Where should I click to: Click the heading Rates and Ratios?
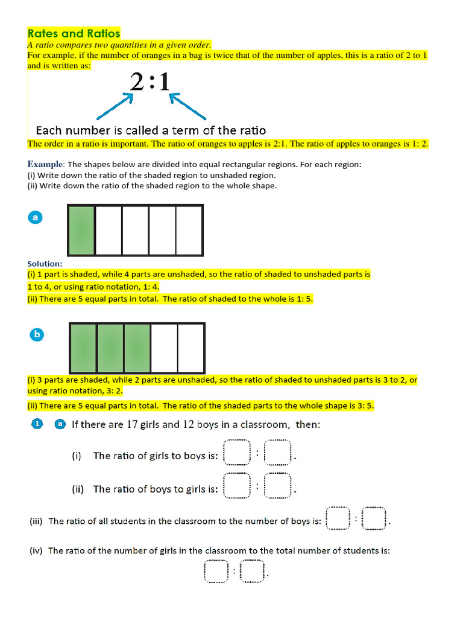pos(74,33)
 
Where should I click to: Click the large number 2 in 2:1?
pos(137,81)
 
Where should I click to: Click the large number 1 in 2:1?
pos(162,81)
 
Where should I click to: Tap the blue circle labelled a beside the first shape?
pos(35,218)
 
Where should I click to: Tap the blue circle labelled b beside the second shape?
pos(37,334)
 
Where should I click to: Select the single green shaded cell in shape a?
pos(82,231)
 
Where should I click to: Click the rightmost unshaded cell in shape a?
pos(189,231)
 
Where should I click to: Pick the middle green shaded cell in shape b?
pos(110,348)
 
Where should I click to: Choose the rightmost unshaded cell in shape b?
pos(191,348)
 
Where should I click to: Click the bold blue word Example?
pos(45,164)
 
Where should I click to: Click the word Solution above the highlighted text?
pos(45,264)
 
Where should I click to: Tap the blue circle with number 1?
pos(37,424)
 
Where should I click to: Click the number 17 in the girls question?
pos(133,424)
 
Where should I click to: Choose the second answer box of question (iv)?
pos(252,572)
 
